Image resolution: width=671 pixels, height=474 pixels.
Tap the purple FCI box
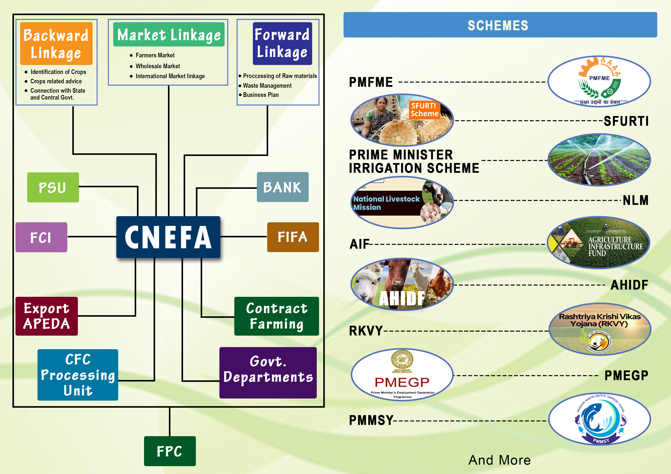point(41,237)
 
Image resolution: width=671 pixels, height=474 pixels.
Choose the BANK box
point(282,187)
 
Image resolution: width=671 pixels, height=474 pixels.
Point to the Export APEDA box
point(46,316)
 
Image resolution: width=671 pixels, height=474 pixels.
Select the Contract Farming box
point(276,316)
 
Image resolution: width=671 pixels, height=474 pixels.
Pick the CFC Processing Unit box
point(78,375)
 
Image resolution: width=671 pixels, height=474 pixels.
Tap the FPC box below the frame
point(169,451)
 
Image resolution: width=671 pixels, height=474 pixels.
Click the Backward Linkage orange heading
point(56,44)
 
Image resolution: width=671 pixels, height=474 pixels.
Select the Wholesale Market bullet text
point(158,66)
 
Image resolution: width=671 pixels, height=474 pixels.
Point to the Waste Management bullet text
point(267,86)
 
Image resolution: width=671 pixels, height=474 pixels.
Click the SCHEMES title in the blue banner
point(498,25)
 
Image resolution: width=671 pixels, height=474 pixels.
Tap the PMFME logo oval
point(599,81)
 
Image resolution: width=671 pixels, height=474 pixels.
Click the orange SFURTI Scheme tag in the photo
point(424,110)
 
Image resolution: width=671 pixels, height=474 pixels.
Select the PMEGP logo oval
point(402,374)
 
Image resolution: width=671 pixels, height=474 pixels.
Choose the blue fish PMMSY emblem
point(600,419)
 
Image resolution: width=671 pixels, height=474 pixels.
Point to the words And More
point(499,460)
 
